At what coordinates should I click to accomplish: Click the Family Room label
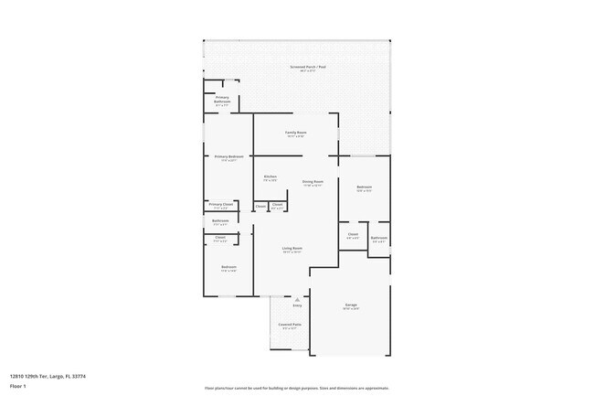(296, 134)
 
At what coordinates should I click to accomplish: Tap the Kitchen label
(270, 177)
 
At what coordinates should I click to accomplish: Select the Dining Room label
(313, 182)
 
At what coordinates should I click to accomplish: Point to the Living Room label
(292, 249)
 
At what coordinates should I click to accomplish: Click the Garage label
(350, 305)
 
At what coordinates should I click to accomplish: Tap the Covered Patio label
(291, 325)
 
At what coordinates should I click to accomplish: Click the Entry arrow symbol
(297, 297)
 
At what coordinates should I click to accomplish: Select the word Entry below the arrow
(297, 305)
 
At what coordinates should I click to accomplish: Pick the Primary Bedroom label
(228, 157)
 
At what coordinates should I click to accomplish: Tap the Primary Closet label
(220, 205)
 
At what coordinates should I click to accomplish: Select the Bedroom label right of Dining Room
(364, 187)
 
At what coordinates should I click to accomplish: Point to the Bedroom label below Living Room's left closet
(228, 267)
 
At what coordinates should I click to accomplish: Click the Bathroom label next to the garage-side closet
(378, 239)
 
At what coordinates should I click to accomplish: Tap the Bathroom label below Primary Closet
(220, 220)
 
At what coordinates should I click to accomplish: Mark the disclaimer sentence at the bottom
(296, 387)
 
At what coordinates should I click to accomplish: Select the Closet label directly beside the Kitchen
(260, 206)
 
